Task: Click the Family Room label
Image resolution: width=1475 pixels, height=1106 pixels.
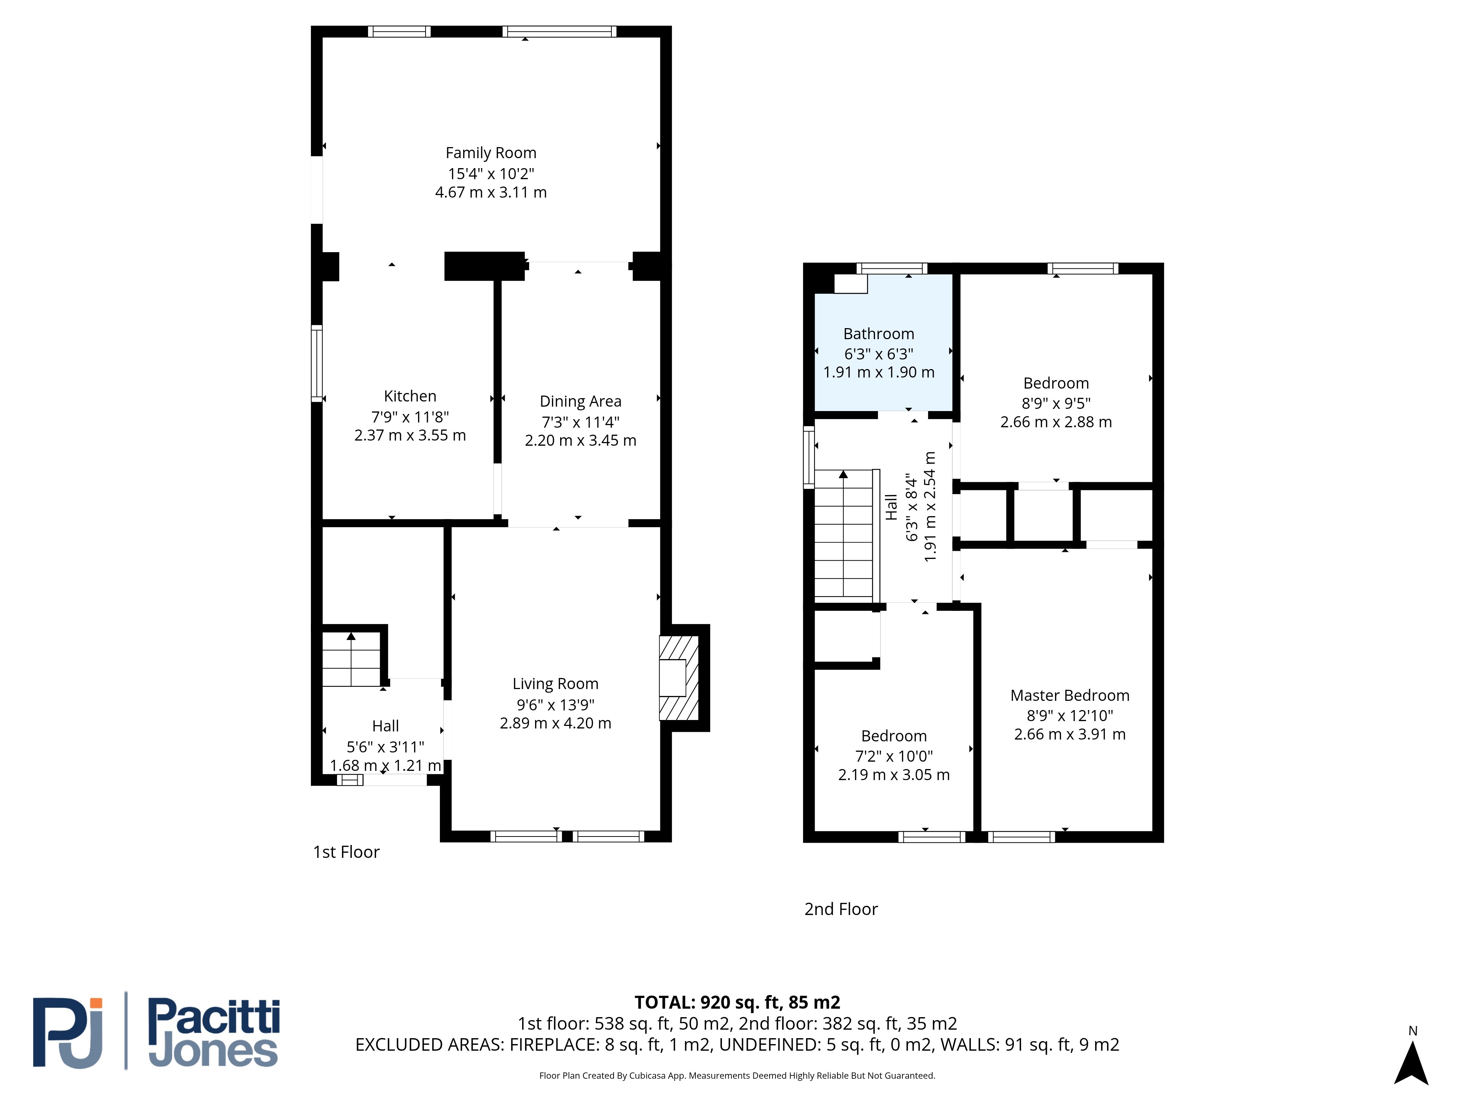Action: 491,153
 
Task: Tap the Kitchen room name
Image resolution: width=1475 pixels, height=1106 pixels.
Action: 410,396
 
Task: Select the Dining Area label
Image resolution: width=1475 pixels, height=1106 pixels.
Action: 580,401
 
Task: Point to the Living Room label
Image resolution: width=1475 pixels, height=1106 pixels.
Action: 555,684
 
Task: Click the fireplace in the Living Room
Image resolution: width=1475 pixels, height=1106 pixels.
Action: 679,678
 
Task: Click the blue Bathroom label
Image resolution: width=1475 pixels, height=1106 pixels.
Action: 879,334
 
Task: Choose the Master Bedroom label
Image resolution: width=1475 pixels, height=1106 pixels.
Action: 1070,695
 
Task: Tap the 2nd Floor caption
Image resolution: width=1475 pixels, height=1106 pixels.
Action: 841,910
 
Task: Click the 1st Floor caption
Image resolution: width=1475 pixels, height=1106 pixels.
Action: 346,852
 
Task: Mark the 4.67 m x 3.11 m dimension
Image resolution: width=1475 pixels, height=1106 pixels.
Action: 491,193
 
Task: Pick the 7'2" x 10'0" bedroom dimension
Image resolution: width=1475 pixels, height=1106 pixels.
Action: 893,756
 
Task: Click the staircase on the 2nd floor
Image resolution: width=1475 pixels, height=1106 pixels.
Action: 844,533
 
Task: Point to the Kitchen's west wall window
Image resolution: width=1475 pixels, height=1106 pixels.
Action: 317,364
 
